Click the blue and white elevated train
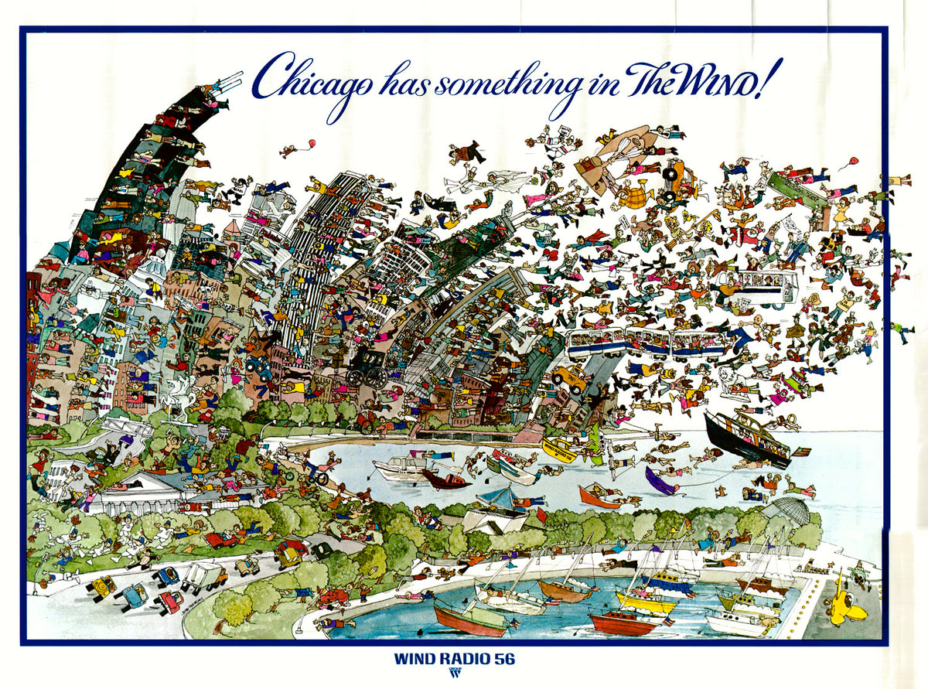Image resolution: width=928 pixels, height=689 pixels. tap(647, 343)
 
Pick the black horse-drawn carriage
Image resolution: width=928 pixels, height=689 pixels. tap(367, 365)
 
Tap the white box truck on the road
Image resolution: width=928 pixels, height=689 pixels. tap(203, 576)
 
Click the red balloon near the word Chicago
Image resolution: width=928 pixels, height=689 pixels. tap(311, 143)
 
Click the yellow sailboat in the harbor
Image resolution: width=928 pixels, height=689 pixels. tap(645, 602)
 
